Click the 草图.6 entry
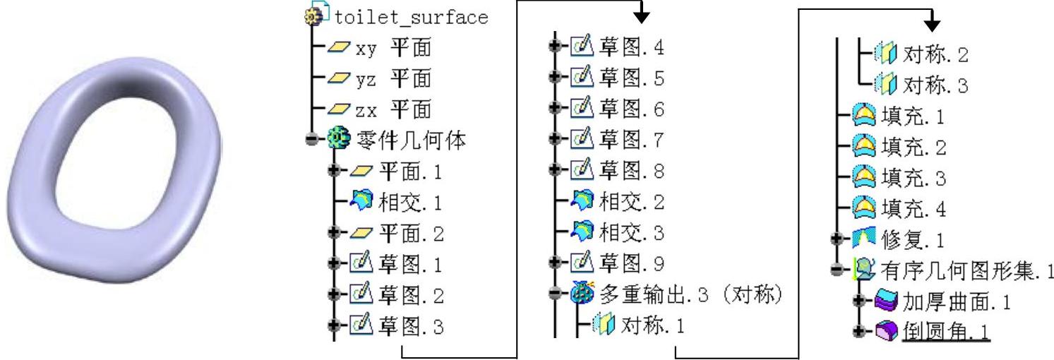coord(629,110)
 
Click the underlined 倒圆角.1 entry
coord(946,332)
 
